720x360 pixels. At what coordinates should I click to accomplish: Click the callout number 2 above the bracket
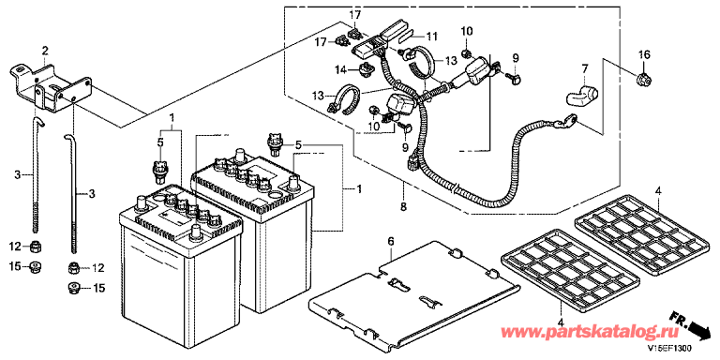click(45, 50)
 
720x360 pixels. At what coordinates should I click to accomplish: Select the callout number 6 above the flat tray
click(391, 241)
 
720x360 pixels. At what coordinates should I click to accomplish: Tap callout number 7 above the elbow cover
click(585, 69)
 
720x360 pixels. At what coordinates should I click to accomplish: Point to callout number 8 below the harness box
click(403, 207)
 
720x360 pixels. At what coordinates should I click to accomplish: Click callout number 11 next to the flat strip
click(432, 36)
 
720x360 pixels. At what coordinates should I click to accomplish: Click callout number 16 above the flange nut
click(644, 55)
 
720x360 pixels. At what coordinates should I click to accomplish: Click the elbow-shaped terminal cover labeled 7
click(581, 94)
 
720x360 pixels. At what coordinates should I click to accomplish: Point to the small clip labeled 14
click(367, 70)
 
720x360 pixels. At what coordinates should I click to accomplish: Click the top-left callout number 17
click(355, 16)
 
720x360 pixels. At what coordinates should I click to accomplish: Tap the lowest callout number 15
click(99, 289)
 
